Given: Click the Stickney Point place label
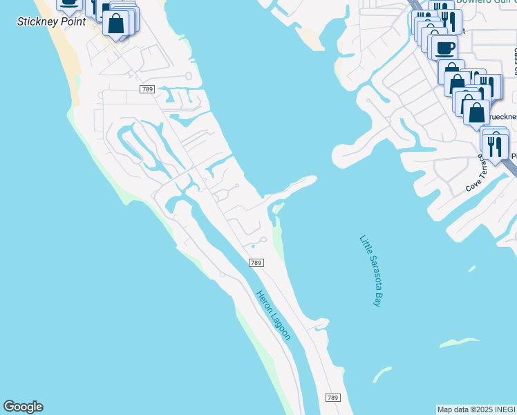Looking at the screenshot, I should coord(52,22).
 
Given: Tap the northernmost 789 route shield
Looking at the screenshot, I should coord(147,89).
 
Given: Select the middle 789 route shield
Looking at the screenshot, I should coord(256,263).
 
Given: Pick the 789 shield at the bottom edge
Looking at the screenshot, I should coord(332,398).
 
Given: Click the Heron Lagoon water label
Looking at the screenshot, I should coord(274,315).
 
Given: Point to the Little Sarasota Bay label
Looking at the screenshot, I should coord(370,270).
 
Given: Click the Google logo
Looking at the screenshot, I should coord(23,407).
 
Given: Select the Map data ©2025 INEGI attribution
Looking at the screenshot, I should coord(476,409).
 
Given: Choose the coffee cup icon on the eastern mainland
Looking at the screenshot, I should coord(444,47).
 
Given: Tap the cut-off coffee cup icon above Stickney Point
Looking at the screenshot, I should coord(69,3).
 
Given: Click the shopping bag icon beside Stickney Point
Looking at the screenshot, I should coord(117,24).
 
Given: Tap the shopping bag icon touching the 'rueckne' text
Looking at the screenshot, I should coord(476,111).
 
